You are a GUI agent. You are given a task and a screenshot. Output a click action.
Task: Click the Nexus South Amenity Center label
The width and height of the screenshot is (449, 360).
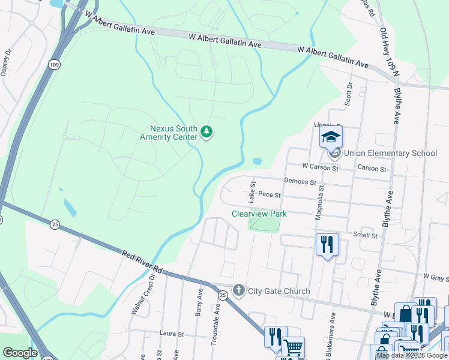[173, 132]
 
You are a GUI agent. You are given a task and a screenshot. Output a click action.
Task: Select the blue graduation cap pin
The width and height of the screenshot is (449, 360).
[330, 137]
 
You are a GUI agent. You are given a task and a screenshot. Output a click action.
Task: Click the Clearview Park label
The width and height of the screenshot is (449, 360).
[259, 214]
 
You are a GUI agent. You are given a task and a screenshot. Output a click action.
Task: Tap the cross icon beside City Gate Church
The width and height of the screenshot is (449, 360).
[238, 291]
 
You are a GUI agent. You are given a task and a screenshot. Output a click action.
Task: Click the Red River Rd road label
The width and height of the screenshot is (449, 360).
[142, 262]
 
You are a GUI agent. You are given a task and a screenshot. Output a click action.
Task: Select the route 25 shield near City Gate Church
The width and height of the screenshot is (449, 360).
[222, 295]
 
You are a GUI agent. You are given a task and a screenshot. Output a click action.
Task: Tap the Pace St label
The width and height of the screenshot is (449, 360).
[270, 194]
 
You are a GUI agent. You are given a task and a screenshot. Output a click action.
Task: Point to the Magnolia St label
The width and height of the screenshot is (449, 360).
[321, 202]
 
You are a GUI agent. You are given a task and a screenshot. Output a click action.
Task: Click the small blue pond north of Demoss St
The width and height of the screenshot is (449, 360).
[257, 161]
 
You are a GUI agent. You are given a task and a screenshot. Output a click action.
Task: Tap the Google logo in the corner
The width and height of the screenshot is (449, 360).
[20, 353]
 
